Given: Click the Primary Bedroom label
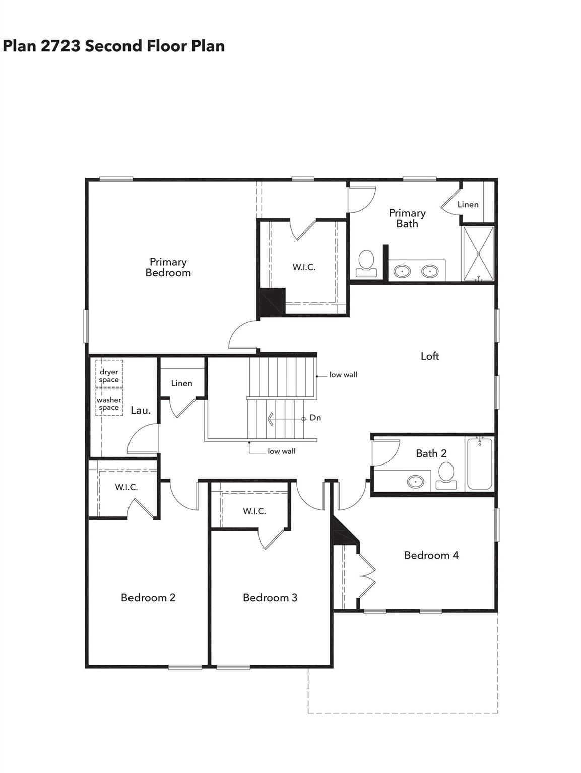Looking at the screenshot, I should [168, 267].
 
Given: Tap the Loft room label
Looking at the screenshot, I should [429, 356].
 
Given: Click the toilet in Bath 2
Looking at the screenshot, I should [446, 475].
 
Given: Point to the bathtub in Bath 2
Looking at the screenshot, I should [479, 463].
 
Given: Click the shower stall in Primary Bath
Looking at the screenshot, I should [478, 254].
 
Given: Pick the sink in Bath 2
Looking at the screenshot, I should [415, 482].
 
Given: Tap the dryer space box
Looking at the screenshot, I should [109, 375].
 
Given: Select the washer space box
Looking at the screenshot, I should [109, 404].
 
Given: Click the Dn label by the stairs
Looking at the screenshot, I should [315, 418].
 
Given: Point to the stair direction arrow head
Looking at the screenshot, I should [271, 419].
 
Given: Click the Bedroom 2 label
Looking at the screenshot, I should [148, 598].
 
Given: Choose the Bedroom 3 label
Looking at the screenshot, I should [270, 598].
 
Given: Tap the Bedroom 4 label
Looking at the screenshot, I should [431, 555].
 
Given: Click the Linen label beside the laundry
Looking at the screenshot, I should [181, 383].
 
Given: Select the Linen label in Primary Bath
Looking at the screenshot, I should [468, 204].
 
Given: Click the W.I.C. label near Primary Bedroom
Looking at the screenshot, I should [304, 267].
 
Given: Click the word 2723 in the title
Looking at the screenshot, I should [60, 46].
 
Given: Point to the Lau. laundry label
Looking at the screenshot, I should [140, 410].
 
